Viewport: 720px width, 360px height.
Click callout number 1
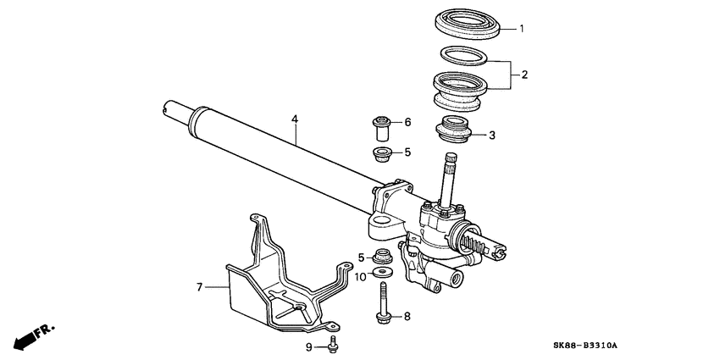coord(523,29)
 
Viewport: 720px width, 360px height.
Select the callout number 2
coord(524,75)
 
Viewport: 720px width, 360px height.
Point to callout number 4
coord(295,120)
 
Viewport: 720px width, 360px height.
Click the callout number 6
coord(407,123)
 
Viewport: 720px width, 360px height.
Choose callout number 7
coord(200,288)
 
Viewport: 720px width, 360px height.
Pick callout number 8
coord(407,317)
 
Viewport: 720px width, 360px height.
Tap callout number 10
coord(359,275)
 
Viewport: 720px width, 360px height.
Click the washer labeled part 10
coord(381,274)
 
